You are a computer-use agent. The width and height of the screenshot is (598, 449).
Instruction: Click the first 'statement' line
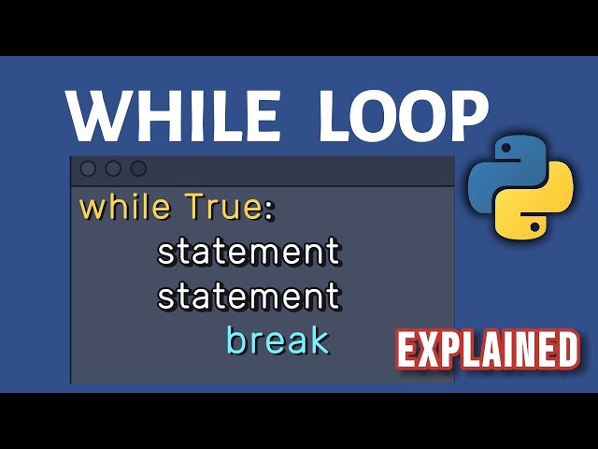point(249,253)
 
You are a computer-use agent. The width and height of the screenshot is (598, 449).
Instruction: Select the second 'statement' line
point(249,297)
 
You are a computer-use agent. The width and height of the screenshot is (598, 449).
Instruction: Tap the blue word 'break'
point(278,340)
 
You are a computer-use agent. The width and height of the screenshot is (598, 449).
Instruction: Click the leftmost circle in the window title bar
point(89,169)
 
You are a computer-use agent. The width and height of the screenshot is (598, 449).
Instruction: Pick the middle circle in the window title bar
point(113,169)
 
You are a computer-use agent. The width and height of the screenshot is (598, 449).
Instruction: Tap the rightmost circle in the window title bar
point(138,169)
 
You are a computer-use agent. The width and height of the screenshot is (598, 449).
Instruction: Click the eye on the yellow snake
point(534,225)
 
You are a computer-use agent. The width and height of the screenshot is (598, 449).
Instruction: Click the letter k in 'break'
point(319,340)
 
